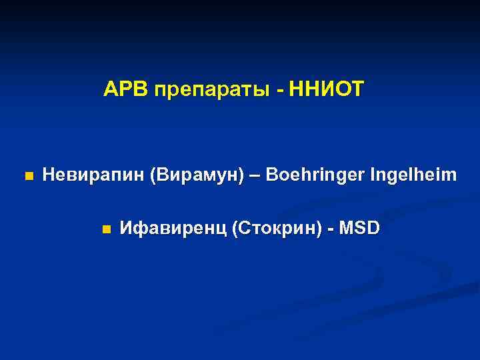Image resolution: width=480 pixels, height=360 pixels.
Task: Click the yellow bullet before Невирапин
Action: [x=27, y=177]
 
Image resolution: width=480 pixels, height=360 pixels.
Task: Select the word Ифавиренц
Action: [x=172, y=229]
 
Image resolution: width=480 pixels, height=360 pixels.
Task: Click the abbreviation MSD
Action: [x=360, y=229]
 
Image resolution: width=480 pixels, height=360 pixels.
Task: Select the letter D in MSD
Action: [x=374, y=229]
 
